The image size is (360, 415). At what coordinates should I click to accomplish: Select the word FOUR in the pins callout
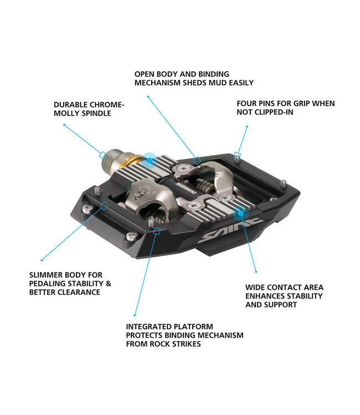click(x=247, y=103)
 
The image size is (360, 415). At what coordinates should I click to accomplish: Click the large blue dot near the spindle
click(x=149, y=160)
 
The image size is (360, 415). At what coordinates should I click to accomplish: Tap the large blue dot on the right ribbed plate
click(x=240, y=211)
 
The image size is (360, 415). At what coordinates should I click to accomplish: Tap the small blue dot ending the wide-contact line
click(x=256, y=271)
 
